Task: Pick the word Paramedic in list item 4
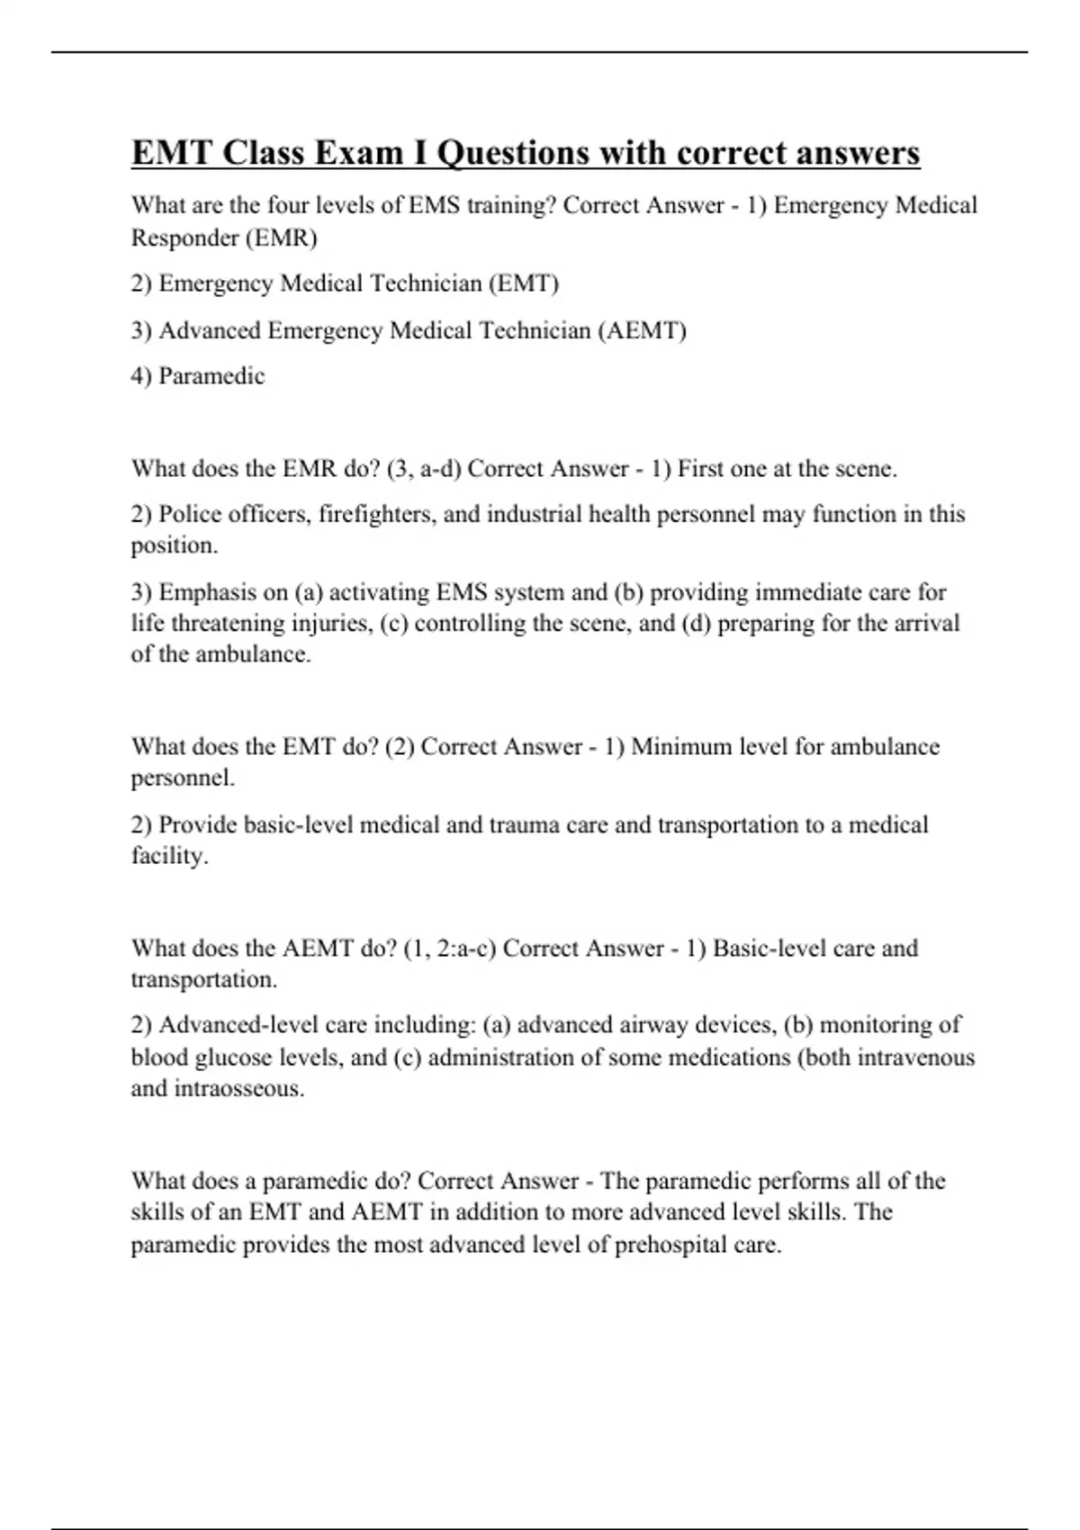coord(211,376)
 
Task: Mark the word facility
coord(169,856)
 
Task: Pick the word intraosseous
coord(238,1089)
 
